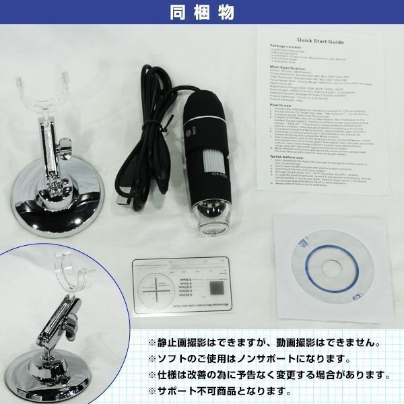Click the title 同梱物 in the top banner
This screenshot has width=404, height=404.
201,12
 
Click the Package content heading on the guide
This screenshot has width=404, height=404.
283,48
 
